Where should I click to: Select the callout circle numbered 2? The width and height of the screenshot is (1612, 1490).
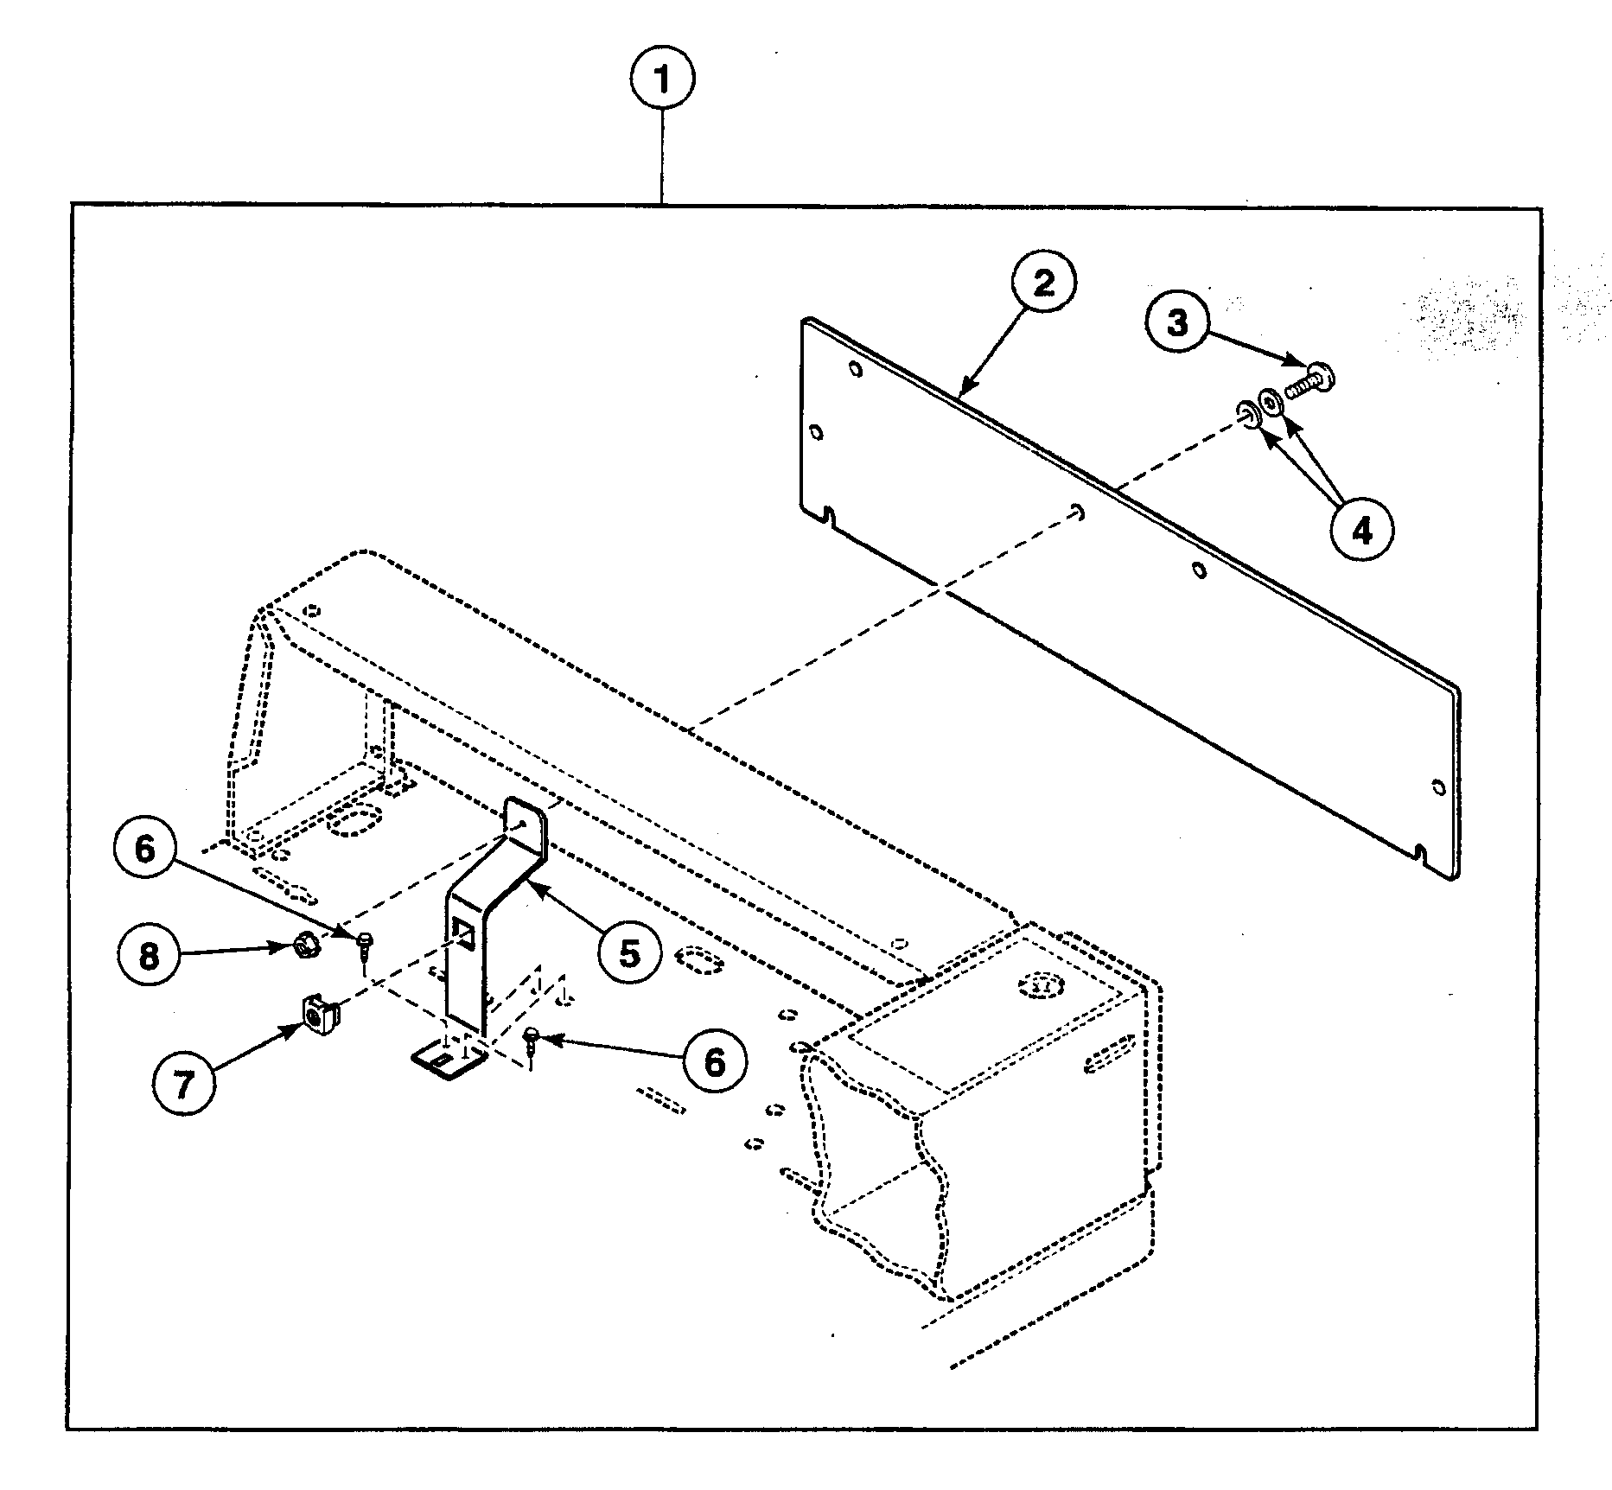pos(1043,283)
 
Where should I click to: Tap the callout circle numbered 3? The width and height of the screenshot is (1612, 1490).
pos(1178,322)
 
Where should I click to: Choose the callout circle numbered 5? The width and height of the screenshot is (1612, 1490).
pos(628,953)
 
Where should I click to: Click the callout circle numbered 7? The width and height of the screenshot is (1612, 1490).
pos(183,1085)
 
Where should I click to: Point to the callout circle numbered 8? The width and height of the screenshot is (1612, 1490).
pos(150,957)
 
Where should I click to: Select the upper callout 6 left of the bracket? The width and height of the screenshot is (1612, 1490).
pos(145,849)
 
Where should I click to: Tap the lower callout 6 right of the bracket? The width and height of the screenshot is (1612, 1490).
pos(714,1061)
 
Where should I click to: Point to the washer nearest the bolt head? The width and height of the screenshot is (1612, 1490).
pos(1271,402)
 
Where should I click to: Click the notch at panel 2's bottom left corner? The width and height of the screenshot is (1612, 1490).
pos(830,517)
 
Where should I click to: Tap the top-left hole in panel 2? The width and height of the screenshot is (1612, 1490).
pos(855,370)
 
